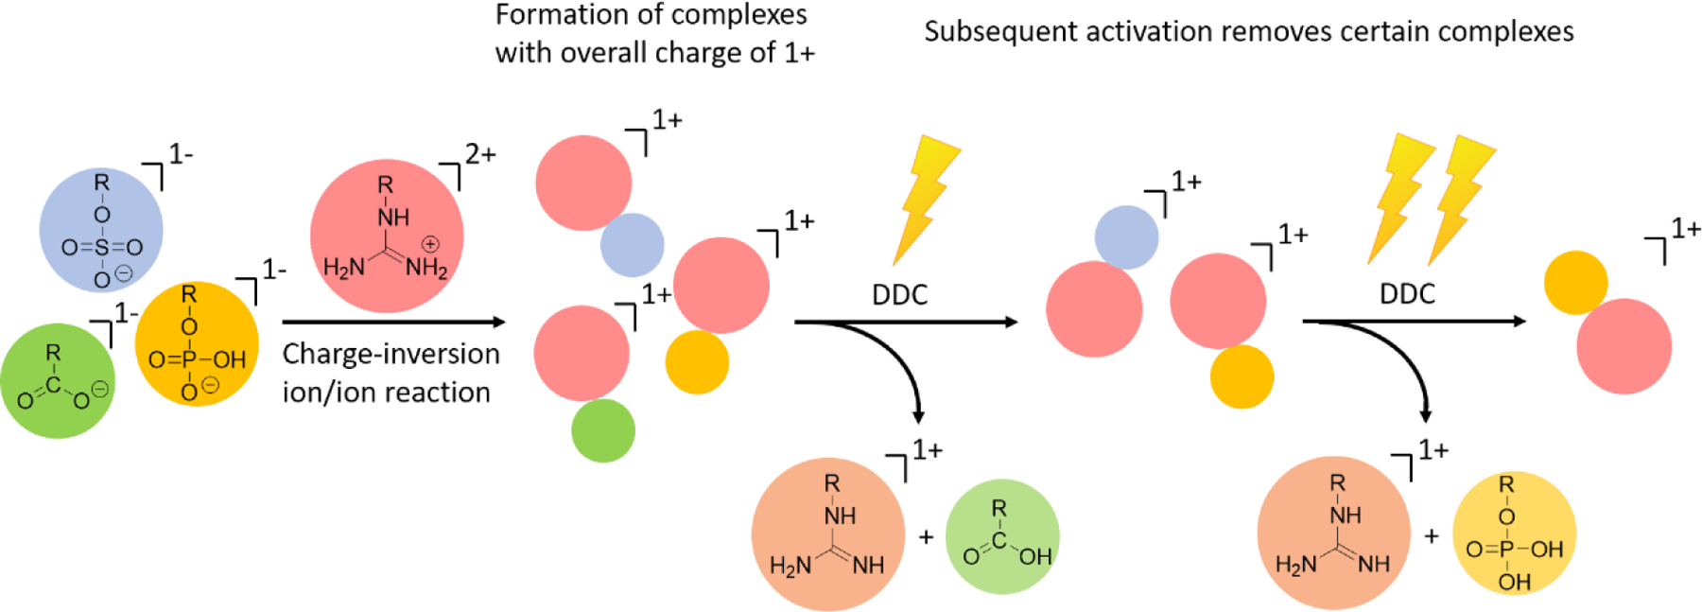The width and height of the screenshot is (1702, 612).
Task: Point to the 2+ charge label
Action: pyautogui.click(x=479, y=153)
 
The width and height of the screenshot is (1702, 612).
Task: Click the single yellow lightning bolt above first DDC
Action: pyautogui.click(x=924, y=199)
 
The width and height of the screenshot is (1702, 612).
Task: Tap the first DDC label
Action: pyautogui.click(x=899, y=295)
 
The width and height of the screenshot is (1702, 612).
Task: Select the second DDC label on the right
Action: pyautogui.click(x=1407, y=294)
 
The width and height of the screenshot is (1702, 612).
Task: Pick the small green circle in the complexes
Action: pyautogui.click(x=603, y=430)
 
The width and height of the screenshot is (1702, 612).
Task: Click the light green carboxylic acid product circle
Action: pyautogui.click(x=1002, y=536)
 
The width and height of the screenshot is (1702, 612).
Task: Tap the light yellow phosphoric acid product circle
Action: pyautogui.click(x=1514, y=533)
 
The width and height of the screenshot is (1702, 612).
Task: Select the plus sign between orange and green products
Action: pyautogui.click(x=926, y=537)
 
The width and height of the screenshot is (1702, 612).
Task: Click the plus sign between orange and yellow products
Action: pyautogui.click(x=1432, y=536)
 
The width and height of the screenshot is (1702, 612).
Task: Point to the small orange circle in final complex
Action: pyautogui.click(x=1575, y=282)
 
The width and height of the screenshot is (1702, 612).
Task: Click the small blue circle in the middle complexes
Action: pyautogui.click(x=1126, y=237)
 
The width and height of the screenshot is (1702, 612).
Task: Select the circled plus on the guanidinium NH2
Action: pyautogui.click(x=430, y=244)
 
